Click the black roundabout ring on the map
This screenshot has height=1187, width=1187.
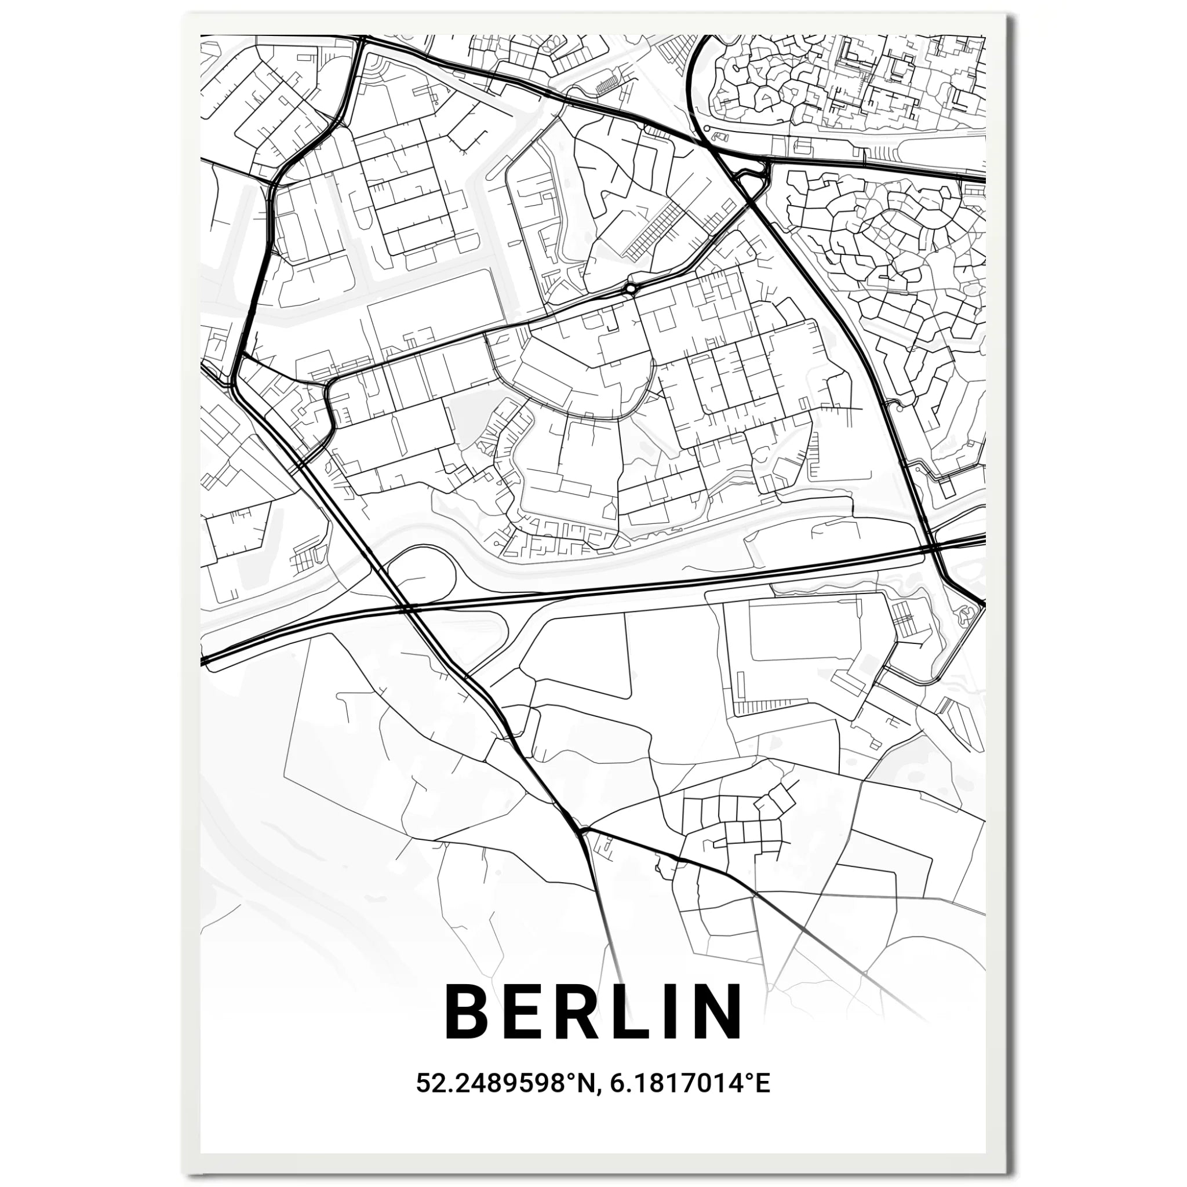point(630,287)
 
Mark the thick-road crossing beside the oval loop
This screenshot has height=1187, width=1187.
point(406,607)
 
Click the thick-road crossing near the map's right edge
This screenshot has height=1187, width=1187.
point(933,545)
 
